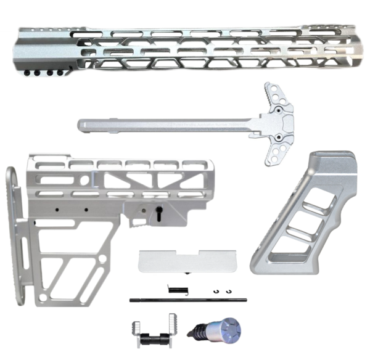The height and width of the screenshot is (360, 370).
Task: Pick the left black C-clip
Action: pyautogui.click(x=216, y=292)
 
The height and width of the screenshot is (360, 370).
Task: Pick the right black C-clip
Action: pyautogui.click(x=228, y=292)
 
